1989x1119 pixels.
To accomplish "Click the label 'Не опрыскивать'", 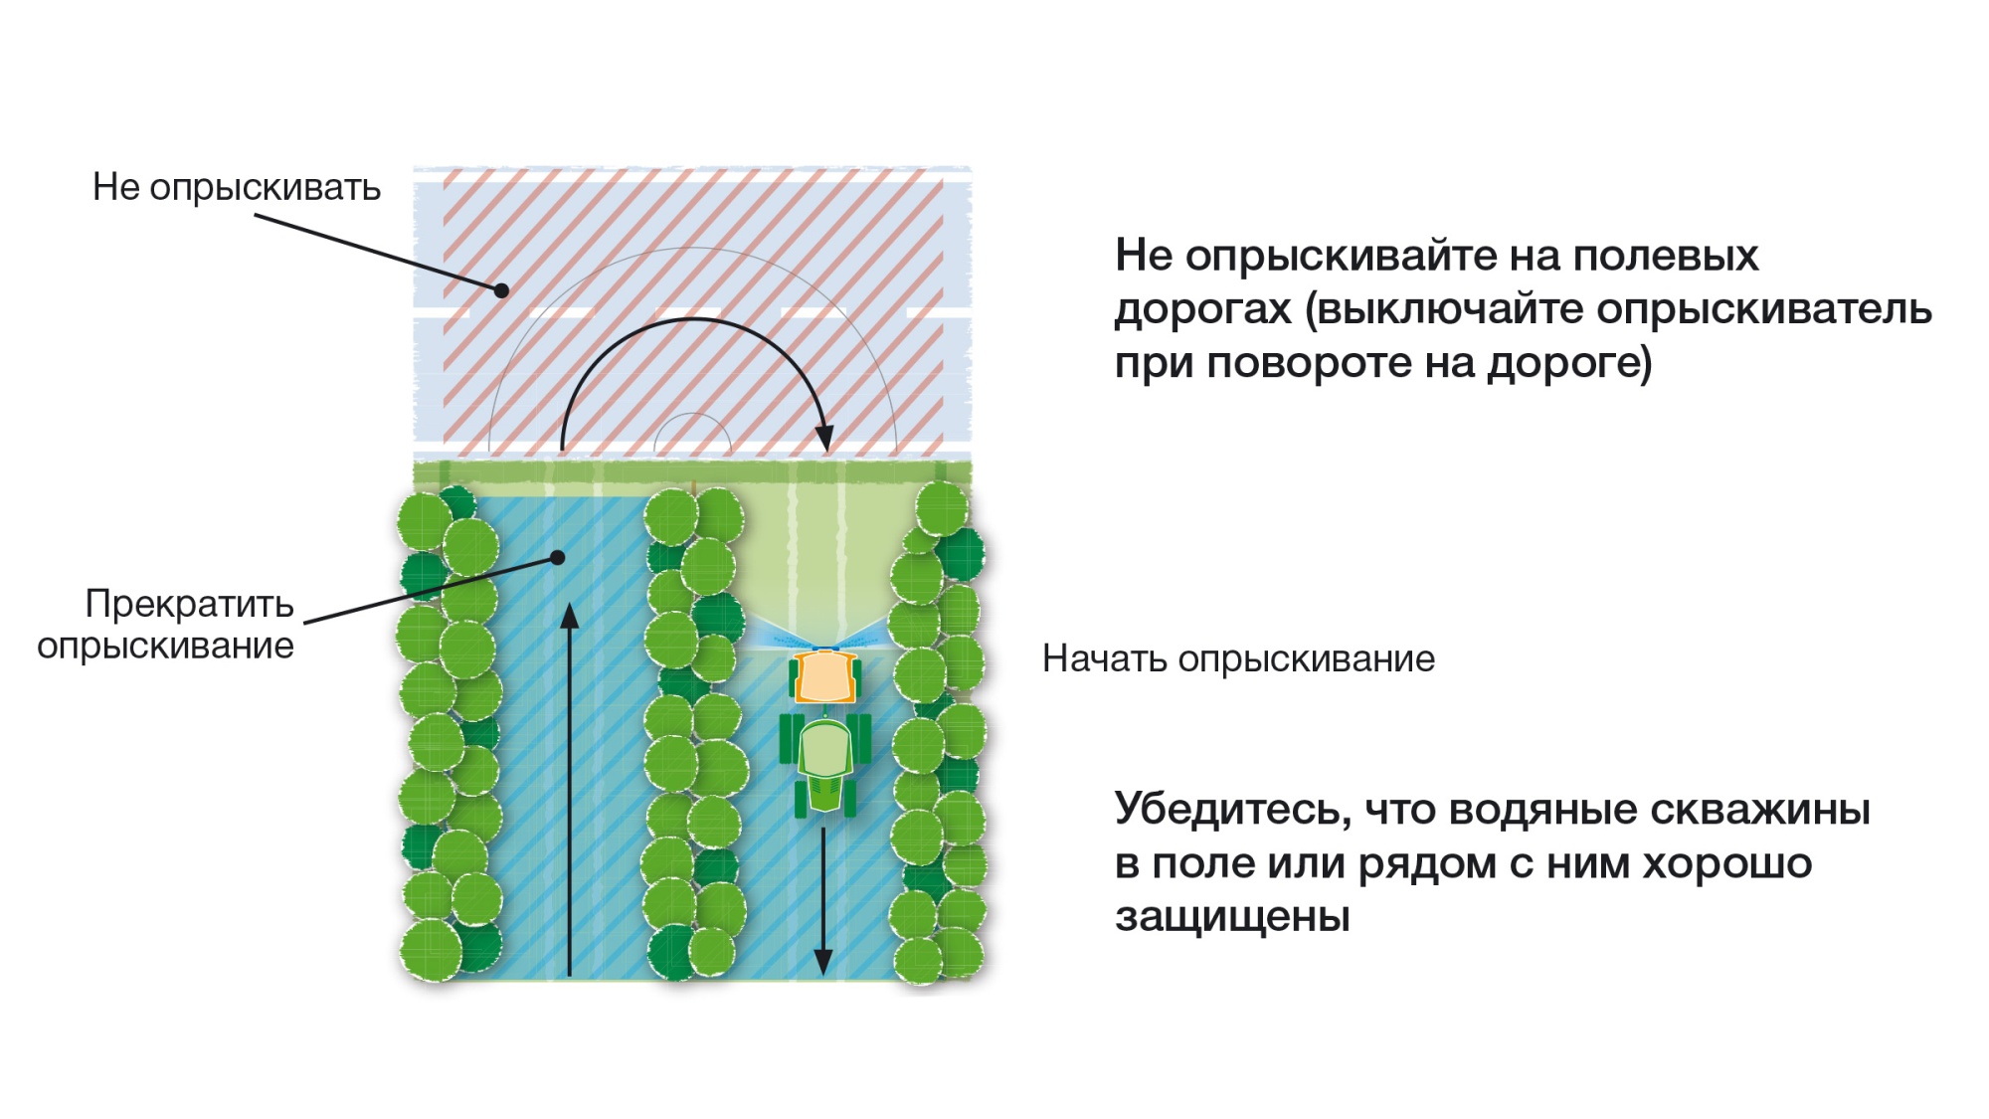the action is tap(237, 188).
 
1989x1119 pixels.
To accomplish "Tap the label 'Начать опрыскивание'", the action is tap(1238, 659).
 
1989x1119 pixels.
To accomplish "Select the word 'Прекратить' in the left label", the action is tap(189, 604).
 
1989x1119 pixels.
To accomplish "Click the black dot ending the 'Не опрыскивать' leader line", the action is tap(502, 290).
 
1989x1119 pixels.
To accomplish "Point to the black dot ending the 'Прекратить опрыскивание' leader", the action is tap(558, 558).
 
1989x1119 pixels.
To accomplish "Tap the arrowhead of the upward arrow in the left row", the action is tap(569, 616).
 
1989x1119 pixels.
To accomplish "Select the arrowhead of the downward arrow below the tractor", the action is tap(823, 962).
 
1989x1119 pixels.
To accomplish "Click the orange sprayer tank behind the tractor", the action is tap(824, 676).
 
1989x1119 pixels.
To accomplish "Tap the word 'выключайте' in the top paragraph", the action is tap(1444, 309).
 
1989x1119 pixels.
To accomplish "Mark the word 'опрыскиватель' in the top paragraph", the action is tap(1764, 309).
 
